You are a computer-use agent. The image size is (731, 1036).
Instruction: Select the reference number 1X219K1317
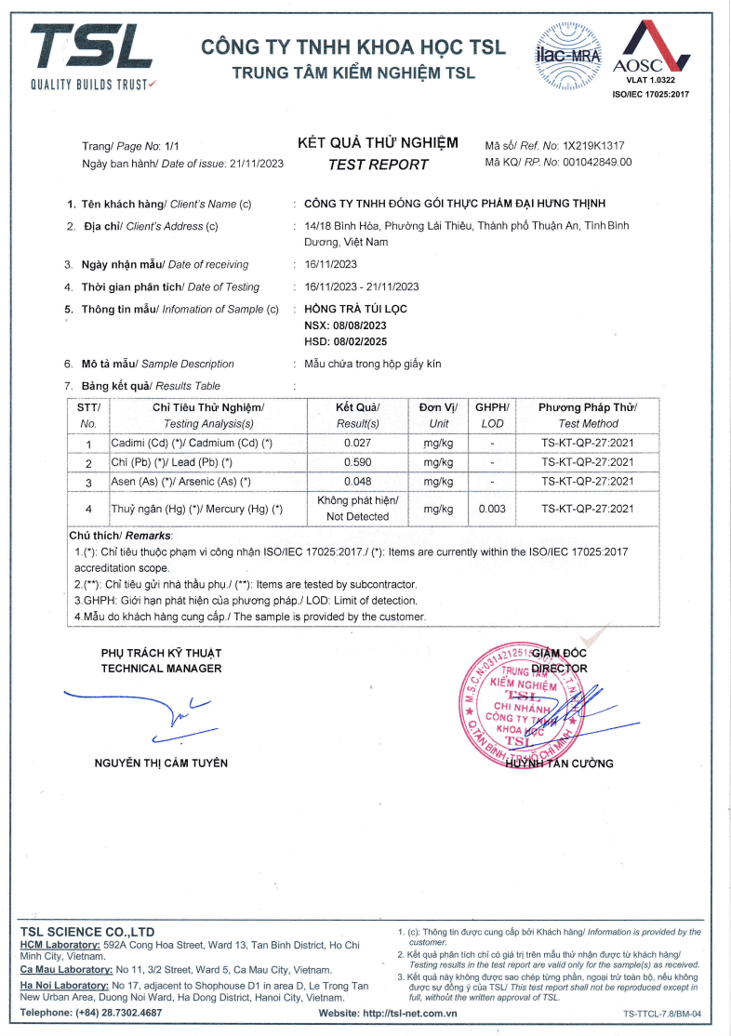(x=593, y=146)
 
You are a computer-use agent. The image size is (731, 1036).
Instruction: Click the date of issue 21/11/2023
(x=256, y=163)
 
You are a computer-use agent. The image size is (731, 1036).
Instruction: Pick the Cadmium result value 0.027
(x=357, y=443)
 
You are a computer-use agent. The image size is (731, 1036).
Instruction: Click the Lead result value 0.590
(x=357, y=462)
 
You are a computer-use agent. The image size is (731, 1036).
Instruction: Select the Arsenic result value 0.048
(x=357, y=482)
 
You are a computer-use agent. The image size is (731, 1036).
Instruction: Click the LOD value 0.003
(x=492, y=509)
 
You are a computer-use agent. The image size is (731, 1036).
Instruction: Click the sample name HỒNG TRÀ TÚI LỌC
(x=355, y=309)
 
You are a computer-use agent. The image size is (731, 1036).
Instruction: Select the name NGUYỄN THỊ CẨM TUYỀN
(x=161, y=764)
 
